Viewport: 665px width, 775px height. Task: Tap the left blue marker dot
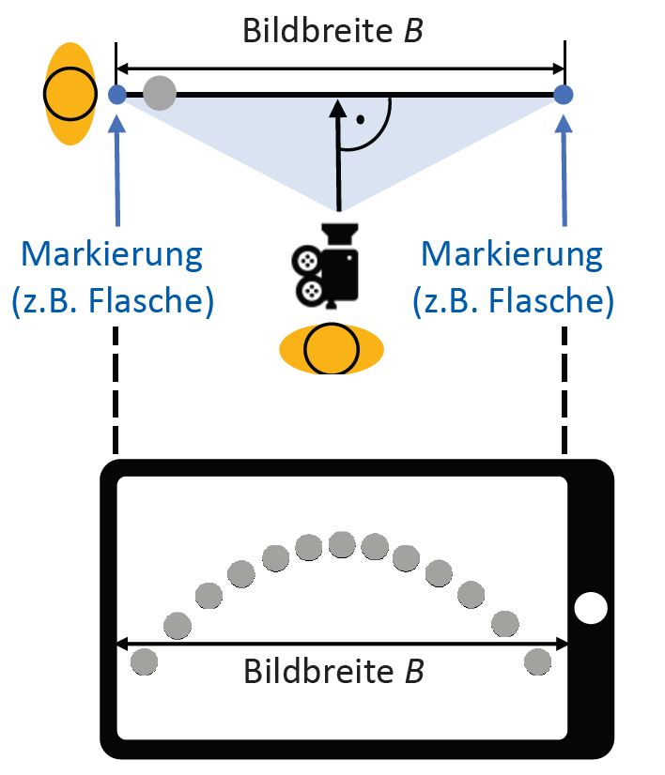click(x=117, y=94)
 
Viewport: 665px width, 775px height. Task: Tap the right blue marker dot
click(x=564, y=94)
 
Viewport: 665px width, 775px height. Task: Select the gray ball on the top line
click(x=161, y=93)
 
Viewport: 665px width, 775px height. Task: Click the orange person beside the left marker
click(x=70, y=94)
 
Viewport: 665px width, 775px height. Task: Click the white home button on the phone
click(x=592, y=608)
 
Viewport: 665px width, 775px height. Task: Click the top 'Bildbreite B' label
click(x=332, y=30)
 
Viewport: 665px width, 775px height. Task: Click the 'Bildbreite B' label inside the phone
click(x=333, y=672)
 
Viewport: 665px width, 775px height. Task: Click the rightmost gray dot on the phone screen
click(x=537, y=661)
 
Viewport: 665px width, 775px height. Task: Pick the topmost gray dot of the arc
click(x=341, y=543)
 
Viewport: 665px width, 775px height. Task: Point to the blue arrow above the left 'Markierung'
click(x=117, y=169)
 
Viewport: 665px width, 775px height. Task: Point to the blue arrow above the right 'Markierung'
click(x=564, y=169)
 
